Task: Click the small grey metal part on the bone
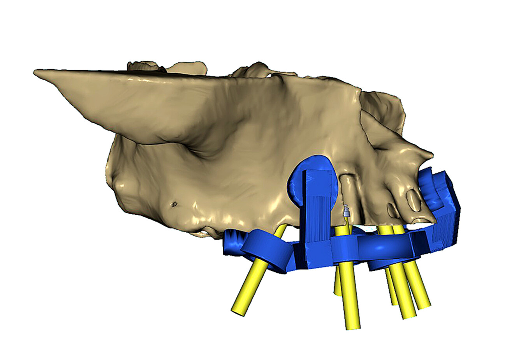[345, 213]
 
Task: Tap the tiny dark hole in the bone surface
[174, 203]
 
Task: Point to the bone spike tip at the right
[430, 154]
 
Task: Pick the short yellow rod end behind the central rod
[337, 290]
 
